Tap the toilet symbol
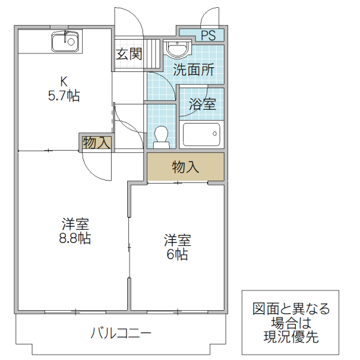click(x=161, y=136)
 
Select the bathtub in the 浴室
click(x=201, y=134)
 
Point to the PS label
click(x=208, y=35)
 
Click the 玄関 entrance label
click(x=128, y=55)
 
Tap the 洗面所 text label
click(x=193, y=70)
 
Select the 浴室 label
click(x=202, y=103)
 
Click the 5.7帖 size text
click(x=63, y=95)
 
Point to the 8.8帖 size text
click(x=76, y=238)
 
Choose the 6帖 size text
click(x=178, y=254)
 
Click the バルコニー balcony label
click(x=122, y=332)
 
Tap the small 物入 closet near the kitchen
click(x=96, y=143)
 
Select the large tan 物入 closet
click(x=185, y=167)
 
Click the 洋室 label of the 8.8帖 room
click(x=76, y=224)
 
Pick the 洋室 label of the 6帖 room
click(x=178, y=241)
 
